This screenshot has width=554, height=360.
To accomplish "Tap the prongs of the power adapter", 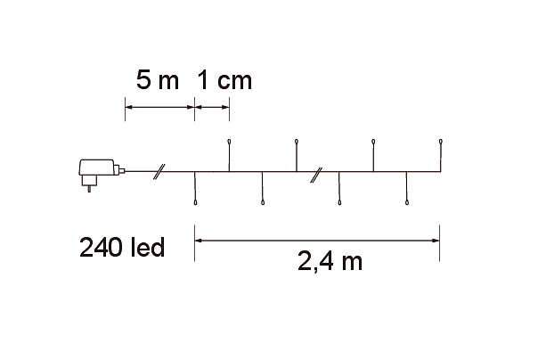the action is (89, 189).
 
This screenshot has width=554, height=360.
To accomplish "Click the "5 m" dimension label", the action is (158, 80).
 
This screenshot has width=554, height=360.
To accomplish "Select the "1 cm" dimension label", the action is (224, 80).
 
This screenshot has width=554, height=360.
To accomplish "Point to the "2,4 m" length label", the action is (330, 262).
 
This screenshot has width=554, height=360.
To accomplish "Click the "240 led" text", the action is (122, 247).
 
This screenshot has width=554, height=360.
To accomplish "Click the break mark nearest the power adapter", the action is (159, 172).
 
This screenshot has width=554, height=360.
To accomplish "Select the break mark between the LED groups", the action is (316, 175).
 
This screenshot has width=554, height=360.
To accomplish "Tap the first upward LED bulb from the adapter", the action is (229, 142).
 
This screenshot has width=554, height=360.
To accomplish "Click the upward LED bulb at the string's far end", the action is (440, 142).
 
